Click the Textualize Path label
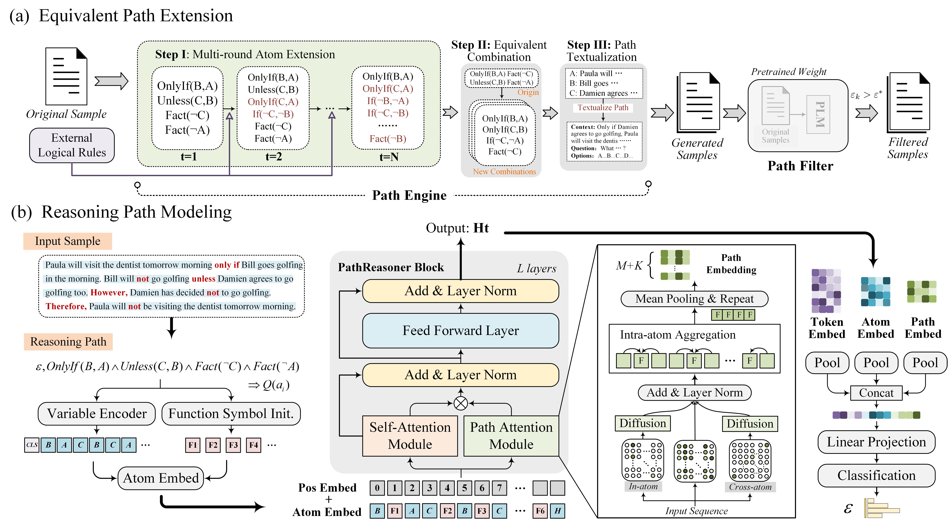[x=603, y=107]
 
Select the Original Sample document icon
[x=66, y=76]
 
